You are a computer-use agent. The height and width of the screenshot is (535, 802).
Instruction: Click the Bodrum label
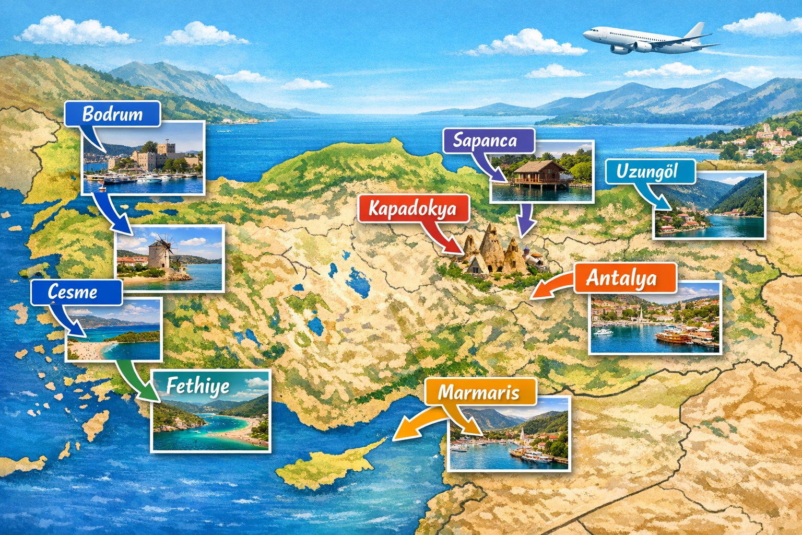click(112, 114)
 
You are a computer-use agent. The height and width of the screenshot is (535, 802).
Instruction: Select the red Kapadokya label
click(413, 208)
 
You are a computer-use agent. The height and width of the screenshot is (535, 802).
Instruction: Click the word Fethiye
click(198, 386)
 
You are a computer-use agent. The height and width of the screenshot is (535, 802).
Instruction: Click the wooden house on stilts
click(538, 173)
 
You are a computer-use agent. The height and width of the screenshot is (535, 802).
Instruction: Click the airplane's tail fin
click(695, 31)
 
